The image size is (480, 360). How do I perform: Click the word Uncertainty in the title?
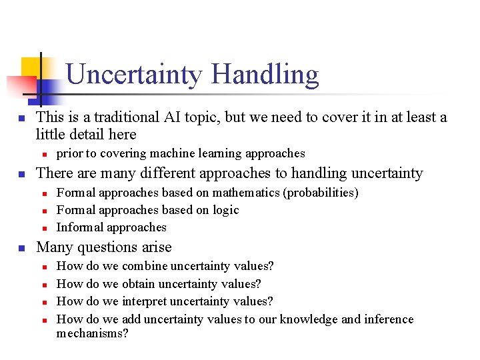click(x=133, y=75)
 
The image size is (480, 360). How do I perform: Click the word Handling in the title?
click(x=265, y=75)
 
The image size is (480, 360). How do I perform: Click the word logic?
click(x=225, y=210)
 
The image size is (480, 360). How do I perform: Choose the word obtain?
click(x=139, y=284)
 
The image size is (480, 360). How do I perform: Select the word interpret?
click(x=147, y=301)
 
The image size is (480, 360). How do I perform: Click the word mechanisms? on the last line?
click(x=92, y=333)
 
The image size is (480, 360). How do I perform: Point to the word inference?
click(x=388, y=319)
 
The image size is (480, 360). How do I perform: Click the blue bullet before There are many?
click(x=21, y=174)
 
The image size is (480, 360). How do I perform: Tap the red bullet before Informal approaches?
click(x=43, y=228)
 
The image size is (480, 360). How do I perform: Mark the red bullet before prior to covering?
click(x=43, y=154)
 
